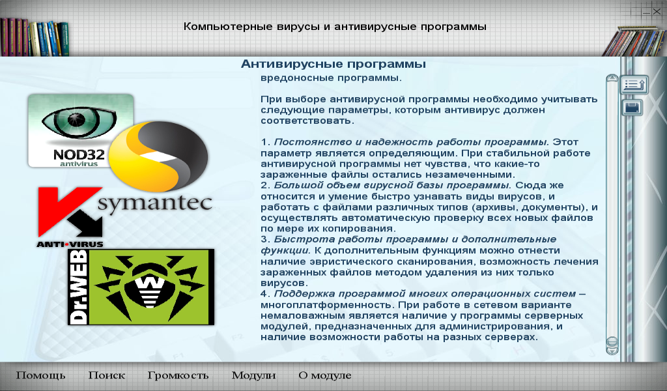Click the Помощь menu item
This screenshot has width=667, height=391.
(41, 375)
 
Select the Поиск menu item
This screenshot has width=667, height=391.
(107, 375)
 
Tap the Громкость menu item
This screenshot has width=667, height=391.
(178, 375)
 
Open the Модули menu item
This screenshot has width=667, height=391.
(253, 375)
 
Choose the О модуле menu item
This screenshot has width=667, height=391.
(325, 375)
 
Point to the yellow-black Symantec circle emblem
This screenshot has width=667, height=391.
(158, 156)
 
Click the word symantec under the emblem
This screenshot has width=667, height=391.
(155, 203)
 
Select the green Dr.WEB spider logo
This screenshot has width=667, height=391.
(141, 287)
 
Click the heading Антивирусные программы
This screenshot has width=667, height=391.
(333, 65)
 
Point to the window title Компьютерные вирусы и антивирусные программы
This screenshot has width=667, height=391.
(335, 26)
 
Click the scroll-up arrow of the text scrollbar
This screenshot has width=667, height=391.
(612, 78)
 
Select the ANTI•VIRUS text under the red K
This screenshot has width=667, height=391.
(70, 244)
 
